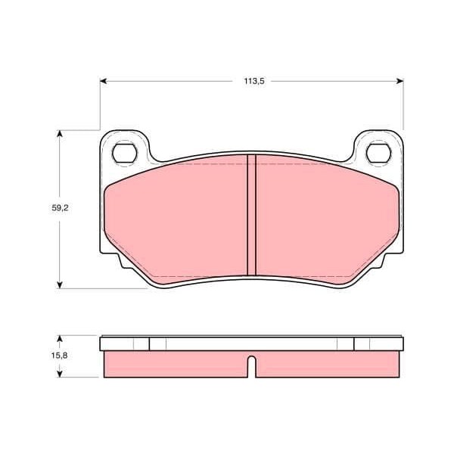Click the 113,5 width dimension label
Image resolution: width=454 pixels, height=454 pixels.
254,81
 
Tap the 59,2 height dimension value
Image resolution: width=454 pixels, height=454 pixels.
60,207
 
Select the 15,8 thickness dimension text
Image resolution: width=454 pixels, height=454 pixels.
59,356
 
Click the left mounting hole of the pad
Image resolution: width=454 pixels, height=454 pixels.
125,154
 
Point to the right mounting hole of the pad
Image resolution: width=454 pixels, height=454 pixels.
378,154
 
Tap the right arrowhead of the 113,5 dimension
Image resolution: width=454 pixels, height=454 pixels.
400,81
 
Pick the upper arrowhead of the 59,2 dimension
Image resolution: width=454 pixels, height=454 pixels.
60,134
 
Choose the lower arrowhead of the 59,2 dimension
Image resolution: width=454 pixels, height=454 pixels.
60,285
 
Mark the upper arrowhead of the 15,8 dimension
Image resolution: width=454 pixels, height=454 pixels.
60,339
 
